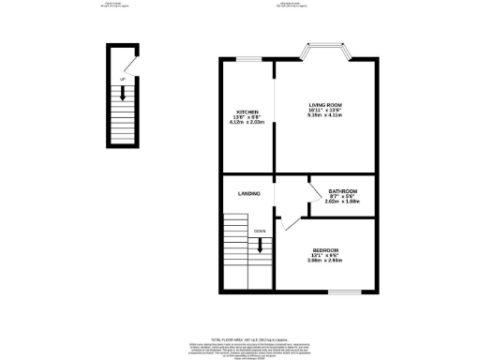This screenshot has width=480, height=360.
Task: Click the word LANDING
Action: (248, 194)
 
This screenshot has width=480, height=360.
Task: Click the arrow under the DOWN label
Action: (261, 245)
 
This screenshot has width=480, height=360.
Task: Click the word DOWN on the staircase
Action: (260, 230)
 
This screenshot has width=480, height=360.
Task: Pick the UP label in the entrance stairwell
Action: (122, 78)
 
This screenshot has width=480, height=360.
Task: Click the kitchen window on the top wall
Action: (247, 58)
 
